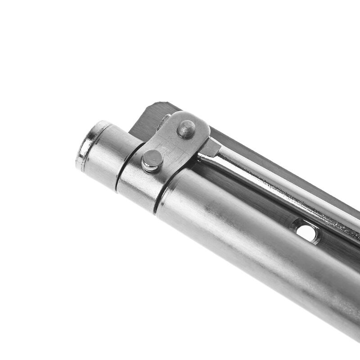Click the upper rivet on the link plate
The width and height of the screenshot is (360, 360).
point(186,129)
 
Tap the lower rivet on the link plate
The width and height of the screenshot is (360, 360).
point(152,160)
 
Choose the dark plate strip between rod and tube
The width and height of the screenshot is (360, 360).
point(252,198)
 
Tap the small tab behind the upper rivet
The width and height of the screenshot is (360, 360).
point(164,120)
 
